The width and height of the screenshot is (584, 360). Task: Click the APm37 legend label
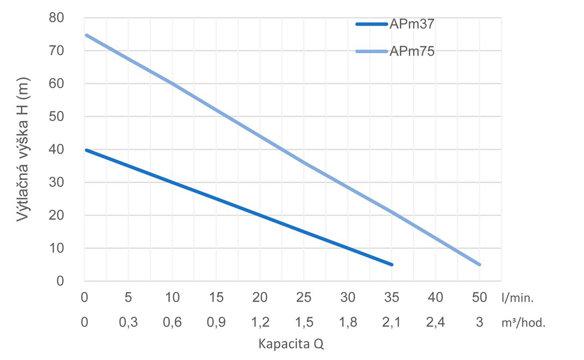413,23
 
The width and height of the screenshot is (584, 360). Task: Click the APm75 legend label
413,52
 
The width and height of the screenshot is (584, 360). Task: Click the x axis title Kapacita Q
290,344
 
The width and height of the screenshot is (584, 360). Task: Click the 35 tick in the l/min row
391,298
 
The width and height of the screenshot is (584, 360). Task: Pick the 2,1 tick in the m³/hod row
391,322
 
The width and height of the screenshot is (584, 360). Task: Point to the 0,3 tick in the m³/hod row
128,322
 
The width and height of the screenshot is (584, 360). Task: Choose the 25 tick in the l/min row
304,298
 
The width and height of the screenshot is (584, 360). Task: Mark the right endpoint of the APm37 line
391,264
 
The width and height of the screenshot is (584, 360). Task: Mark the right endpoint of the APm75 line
479,264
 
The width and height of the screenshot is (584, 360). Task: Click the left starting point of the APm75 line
86,35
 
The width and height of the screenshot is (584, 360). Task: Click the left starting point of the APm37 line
86,150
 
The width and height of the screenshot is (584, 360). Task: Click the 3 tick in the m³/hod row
479,322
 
